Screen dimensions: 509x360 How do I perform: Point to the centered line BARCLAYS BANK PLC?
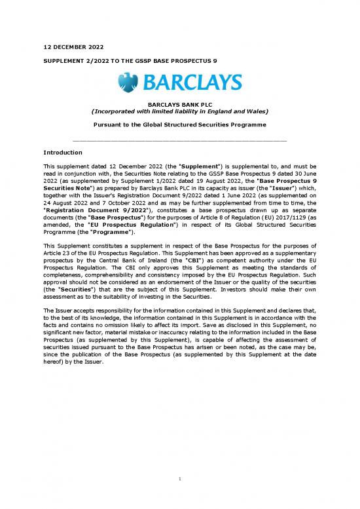(x=179, y=104)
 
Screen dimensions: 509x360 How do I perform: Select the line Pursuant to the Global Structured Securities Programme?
(x=179, y=124)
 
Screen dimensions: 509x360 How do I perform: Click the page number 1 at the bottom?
(x=179, y=485)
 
